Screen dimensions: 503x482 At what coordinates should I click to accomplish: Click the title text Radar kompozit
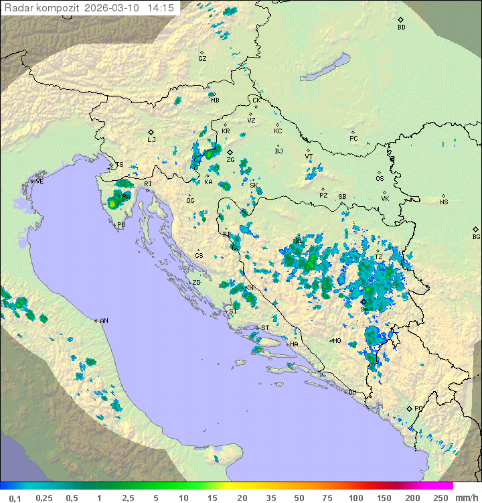(42, 8)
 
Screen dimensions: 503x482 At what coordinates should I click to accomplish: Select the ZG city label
(230, 160)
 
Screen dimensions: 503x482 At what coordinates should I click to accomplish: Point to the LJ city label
(151, 140)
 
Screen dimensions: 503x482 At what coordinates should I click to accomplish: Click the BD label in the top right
(401, 27)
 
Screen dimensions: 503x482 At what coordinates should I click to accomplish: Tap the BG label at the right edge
(476, 236)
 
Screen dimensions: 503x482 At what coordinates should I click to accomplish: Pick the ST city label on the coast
(265, 328)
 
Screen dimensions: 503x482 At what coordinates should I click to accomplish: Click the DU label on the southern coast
(351, 392)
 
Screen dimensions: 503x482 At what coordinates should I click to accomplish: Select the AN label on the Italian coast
(104, 321)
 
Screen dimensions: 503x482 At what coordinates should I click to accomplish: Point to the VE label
(39, 182)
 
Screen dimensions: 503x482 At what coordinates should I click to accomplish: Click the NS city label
(444, 202)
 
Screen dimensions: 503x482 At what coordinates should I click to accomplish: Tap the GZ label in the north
(202, 58)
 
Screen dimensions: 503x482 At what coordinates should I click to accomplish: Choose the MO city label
(337, 341)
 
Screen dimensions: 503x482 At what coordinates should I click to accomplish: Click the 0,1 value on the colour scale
(15, 498)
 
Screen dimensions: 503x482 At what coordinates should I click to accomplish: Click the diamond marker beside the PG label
(409, 408)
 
